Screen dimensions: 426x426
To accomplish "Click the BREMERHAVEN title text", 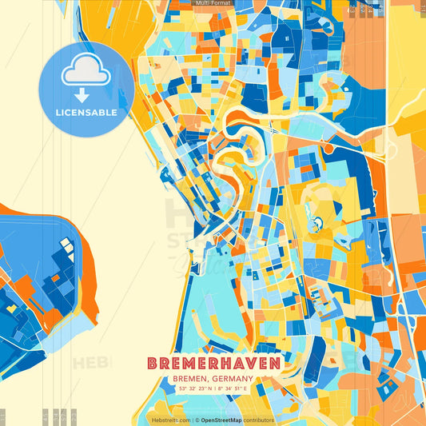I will point(213,364).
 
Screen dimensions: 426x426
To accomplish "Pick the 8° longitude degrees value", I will point(221,389).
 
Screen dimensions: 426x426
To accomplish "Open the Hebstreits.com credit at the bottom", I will point(169,420).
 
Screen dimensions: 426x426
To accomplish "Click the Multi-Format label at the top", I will point(213,4).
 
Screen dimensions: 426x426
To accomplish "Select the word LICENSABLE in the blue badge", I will point(86,113).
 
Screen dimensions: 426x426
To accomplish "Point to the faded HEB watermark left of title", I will point(90,364).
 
